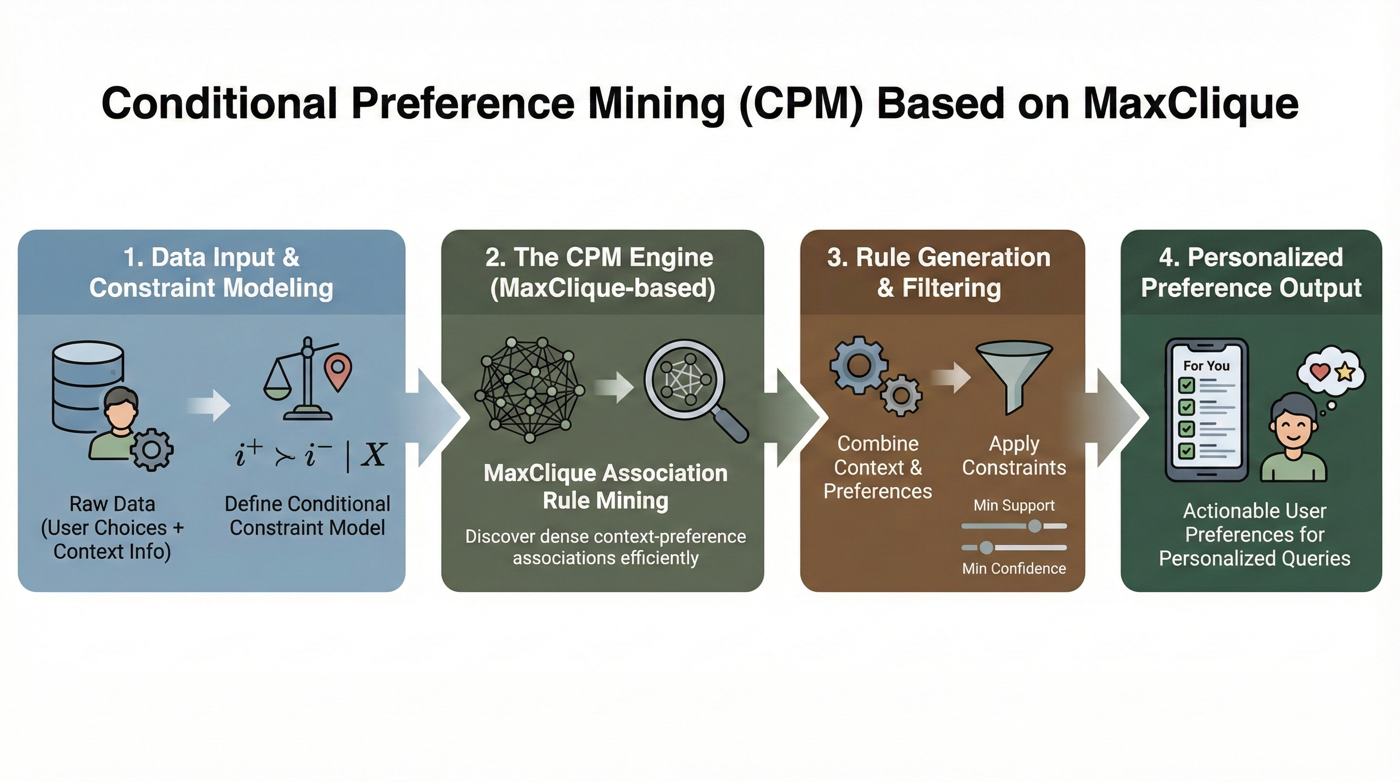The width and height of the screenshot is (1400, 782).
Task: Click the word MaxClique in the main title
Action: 1190,104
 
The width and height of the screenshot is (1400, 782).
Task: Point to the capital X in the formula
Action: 374,454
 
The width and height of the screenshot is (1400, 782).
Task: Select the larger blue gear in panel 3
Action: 859,365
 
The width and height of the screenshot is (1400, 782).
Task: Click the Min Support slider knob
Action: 1035,526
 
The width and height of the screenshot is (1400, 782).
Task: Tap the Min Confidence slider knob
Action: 986,548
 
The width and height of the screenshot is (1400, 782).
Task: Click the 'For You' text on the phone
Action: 1206,366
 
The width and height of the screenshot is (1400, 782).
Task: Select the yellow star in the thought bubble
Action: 1345,372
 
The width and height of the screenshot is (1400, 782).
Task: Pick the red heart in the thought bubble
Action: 1320,372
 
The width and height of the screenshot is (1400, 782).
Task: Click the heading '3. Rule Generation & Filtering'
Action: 939,272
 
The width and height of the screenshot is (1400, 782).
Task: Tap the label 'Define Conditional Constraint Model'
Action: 307,516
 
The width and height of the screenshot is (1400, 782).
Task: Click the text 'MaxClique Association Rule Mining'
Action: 605,486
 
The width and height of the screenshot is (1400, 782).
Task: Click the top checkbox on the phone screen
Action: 1186,385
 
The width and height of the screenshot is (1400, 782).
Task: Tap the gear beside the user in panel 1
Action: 152,450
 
